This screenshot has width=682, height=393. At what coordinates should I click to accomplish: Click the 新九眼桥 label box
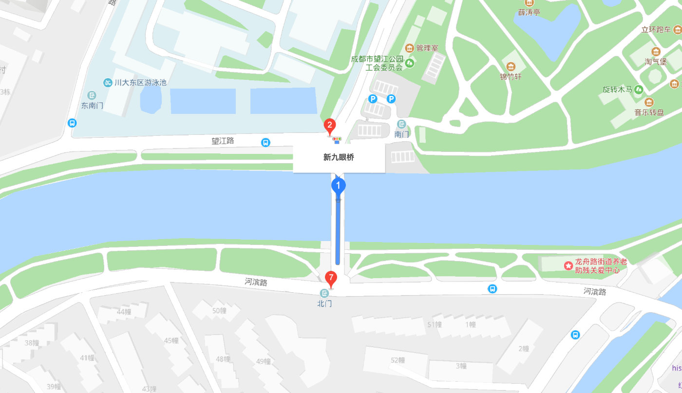[339, 158]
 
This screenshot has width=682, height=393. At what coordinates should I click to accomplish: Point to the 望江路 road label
[223, 141]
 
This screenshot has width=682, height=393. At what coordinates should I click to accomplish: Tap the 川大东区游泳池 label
[140, 82]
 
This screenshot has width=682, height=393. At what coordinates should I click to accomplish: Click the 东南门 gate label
[92, 106]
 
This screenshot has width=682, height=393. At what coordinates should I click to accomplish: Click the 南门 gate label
[401, 134]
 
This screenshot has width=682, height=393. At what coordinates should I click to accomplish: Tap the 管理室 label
[427, 48]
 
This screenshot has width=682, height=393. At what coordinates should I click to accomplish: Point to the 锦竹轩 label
[511, 76]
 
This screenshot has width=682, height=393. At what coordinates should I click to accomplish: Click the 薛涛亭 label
[529, 12]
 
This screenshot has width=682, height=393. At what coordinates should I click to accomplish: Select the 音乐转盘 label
[649, 112]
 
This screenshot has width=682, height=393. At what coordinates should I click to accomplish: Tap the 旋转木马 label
[617, 90]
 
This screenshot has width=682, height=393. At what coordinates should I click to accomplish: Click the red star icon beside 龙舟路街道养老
[568, 265]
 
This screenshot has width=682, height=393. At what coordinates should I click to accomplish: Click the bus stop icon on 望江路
[265, 142]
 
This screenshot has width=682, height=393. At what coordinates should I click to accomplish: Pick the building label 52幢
[398, 360]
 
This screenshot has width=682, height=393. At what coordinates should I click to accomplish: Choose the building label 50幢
[219, 311]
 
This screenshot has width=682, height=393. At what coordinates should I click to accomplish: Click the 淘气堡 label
[656, 62]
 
